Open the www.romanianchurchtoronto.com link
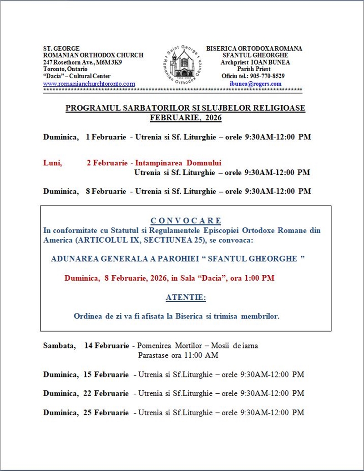pos(89,84)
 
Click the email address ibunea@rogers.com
pos(256,84)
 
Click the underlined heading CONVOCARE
pos(186,221)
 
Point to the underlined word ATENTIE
pos(186,298)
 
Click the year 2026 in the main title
pos(212,118)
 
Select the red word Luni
pos(52,163)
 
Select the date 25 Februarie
pos(106,412)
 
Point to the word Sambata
pos(59,346)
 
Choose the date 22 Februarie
pos(106,393)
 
